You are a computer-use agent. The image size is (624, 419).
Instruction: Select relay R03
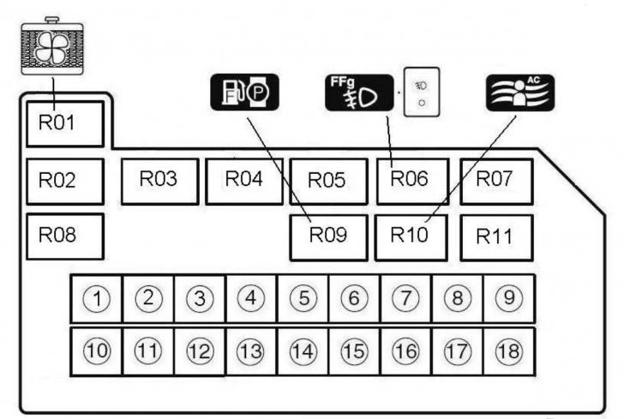159,180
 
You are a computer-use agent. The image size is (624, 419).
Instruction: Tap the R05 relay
327,181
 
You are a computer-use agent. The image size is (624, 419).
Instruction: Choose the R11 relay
495,236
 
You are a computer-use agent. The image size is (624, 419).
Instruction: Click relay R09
327,236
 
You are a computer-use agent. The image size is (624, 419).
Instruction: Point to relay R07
495,180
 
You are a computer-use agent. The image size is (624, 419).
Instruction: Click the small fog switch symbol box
421,91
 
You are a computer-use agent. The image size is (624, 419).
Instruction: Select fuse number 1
98,299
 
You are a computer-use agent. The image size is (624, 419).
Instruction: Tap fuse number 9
508,299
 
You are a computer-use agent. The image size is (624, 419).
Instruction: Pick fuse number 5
303,299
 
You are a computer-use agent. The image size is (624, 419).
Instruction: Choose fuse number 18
508,350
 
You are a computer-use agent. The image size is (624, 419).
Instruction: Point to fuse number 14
303,350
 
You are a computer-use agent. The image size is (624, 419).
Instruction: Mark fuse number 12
200,350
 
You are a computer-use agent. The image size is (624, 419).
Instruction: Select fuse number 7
405,299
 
